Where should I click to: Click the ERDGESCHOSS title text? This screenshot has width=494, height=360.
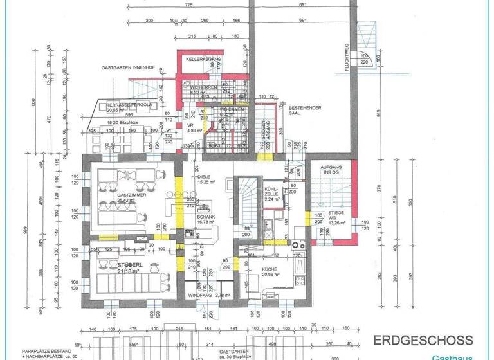[423, 340]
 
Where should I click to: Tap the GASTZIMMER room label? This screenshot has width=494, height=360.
[131, 194]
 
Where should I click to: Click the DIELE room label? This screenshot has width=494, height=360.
[205, 177]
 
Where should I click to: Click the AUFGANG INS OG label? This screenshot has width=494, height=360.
[331, 170]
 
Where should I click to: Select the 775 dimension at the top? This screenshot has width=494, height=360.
[188, 6]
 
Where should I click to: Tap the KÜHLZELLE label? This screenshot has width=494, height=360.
[271, 191]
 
